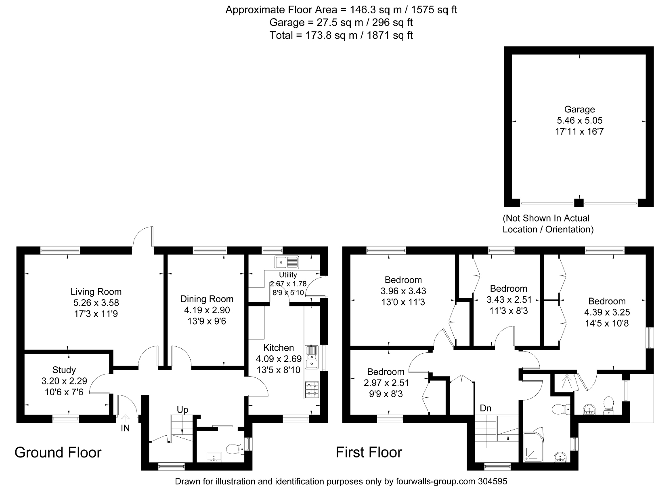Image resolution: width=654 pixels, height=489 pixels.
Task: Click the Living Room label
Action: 96,291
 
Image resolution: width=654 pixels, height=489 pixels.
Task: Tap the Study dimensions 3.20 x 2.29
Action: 64,381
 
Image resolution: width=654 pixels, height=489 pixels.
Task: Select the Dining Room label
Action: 207,299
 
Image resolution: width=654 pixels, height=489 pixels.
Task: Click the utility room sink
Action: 286,262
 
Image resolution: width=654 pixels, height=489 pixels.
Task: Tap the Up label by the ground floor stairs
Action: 182,410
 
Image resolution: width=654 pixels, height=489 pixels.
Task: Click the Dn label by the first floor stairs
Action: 485,408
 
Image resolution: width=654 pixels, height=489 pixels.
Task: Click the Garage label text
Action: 579,109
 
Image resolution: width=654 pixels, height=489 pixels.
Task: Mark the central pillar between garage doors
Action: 579,203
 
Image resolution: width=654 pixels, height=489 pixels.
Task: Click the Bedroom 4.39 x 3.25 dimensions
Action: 607,312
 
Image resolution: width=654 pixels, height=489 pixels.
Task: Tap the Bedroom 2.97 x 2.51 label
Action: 386,372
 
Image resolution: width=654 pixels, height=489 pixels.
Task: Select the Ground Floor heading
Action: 58,452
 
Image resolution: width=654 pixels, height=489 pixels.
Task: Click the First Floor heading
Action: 369,452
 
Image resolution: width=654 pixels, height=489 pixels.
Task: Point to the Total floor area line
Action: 341,36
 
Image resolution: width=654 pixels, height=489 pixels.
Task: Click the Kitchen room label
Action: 279,348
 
